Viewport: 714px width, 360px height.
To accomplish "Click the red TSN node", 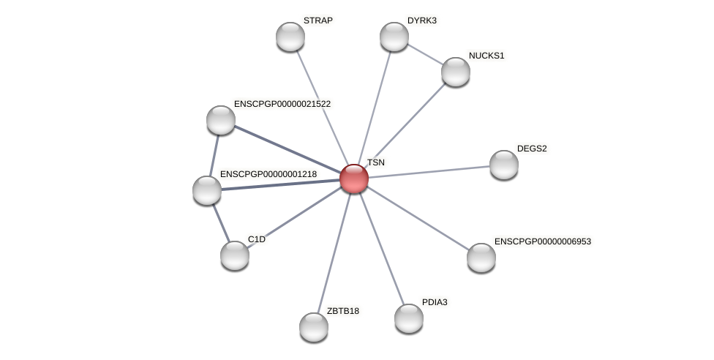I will (x=354, y=179).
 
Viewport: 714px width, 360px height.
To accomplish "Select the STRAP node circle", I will (x=290, y=37).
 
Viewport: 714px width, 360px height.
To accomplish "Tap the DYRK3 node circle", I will (x=394, y=37).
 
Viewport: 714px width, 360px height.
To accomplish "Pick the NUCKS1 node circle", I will (x=456, y=72).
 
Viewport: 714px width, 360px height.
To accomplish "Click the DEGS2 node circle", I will (x=504, y=165).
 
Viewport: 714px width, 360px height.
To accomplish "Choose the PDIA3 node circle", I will (x=409, y=318).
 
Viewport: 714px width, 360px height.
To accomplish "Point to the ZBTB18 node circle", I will (x=314, y=327).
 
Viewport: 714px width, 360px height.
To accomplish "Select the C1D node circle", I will (x=235, y=255).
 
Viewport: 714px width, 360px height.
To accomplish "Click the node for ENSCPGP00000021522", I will (x=221, y=120).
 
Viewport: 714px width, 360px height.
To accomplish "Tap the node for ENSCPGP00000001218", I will (x=207, y=190).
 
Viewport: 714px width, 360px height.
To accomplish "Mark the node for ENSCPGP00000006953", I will (x=481, y=258).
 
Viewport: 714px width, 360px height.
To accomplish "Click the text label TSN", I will (x=375, y=162).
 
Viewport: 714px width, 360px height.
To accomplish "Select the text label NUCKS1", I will (x=486, y=56).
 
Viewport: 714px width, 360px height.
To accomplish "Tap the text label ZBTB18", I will (x=342, y=311).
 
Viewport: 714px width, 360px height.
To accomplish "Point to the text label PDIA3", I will (x=435, y=302).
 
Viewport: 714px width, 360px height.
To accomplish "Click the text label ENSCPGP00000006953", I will (x=543, y=241).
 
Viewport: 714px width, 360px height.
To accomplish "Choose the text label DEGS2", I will (x=532, y=149).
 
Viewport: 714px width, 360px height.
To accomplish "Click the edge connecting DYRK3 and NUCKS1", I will (x=425, y=54).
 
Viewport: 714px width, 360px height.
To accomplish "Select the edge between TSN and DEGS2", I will (x=429, y=171).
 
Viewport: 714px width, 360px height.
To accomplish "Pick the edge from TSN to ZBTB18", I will (x=334, y=253).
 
